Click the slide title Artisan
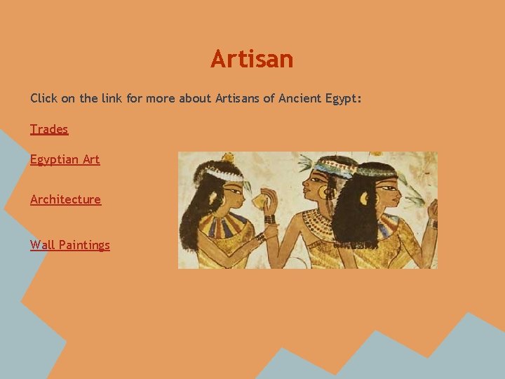(252, 59)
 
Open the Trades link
(49, 129)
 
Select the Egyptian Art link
(65, 159)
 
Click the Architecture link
(65, 199)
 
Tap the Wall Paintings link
(70, 245)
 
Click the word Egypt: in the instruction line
(344, 98)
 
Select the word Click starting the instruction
(43, 98)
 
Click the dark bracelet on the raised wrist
(269, 219)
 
